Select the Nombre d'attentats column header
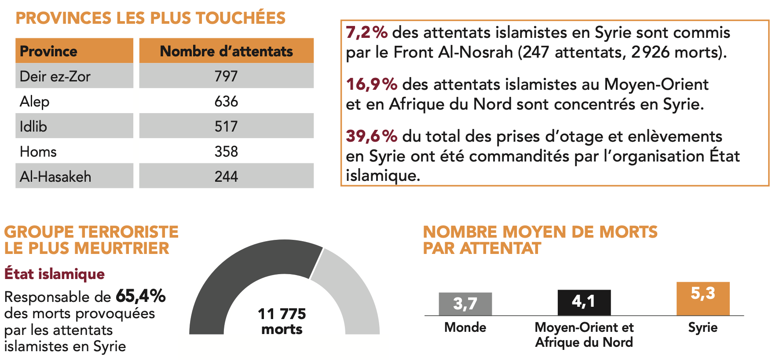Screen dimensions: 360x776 pos(226,51)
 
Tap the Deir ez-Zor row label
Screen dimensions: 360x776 pos(55,76)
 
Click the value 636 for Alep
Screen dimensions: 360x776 pos(226,101)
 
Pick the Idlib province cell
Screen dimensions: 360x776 pos(33,126)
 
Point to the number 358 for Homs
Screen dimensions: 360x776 pos(226,151)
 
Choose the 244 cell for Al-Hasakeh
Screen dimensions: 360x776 pos(226,176)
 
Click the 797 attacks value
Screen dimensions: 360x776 pos(226,76)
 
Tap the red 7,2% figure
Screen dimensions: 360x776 pos(366,32)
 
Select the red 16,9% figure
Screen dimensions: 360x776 pos(371,84)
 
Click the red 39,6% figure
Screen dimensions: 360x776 pos(371,136)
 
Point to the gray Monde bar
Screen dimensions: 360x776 pos(465,304)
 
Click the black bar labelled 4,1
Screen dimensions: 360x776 pos(584,302)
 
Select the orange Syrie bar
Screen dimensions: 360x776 pos(703,298)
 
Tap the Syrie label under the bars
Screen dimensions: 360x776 pos(703,327)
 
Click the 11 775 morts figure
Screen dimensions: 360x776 pos(282,321)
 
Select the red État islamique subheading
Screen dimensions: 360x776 pos(55,274)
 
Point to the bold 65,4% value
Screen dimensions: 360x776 pos(140,296)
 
